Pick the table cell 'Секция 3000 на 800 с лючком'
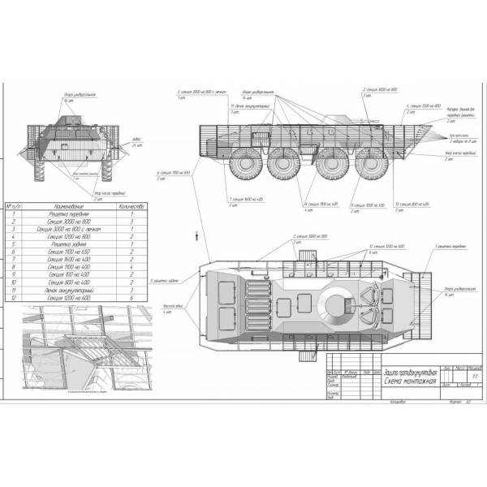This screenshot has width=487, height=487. pyautogui.click(x=67, y=229)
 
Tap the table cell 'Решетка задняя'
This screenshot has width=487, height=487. pyautogui.click(x=67, y=244)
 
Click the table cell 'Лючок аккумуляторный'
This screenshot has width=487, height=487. pyautogui.click(x=67, y=290)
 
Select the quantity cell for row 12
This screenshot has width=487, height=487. pyautogui.click(x=131, y=298)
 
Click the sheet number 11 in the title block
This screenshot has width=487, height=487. pyautogui.click(x=467, y=377)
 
